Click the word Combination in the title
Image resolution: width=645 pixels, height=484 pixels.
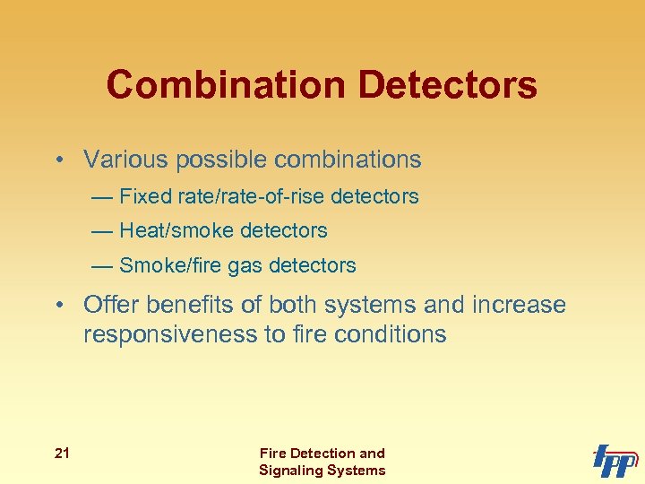pos(227,85)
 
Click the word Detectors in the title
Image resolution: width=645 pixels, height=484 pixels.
pos(449,85)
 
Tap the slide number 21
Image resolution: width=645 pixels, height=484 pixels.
pos(62,454)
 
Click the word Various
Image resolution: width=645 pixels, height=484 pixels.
pos(125,160)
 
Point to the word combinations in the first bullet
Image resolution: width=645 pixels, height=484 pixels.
pos(348,160)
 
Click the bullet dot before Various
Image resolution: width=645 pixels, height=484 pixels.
pos(58,160)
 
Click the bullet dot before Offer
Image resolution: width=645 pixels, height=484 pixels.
pos(58,306)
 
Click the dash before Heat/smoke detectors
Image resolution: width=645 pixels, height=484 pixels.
pos(102,231)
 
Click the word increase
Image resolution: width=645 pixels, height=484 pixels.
pos(519,305)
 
